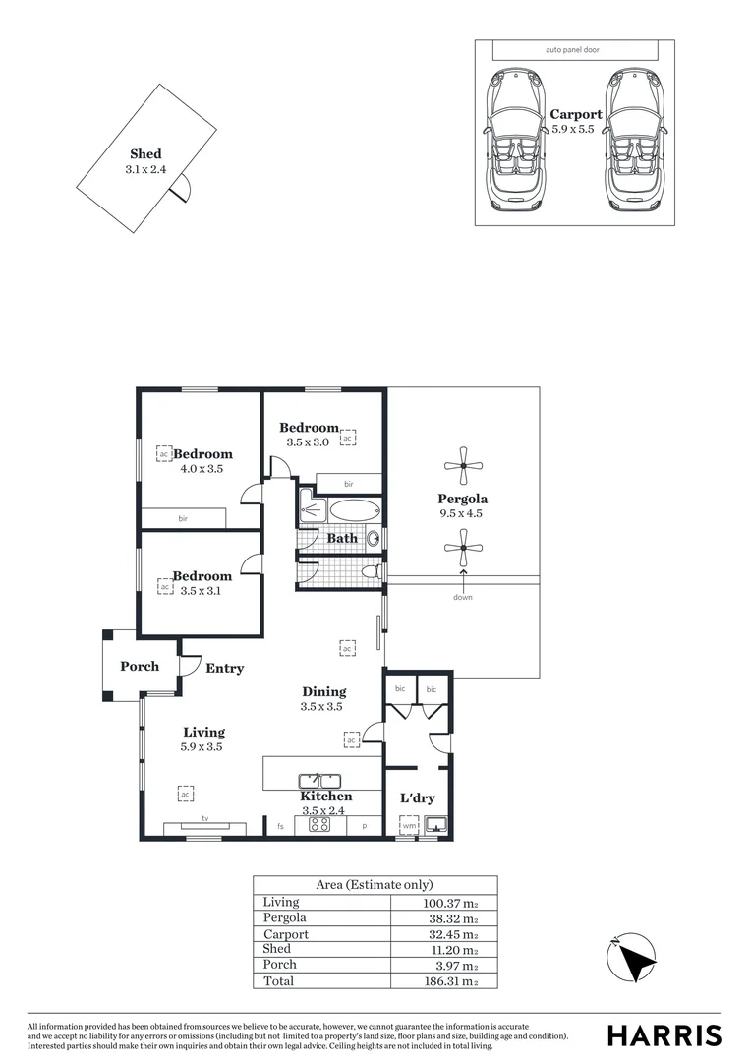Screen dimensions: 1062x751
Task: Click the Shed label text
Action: pyautogui.click(x=145, y=154)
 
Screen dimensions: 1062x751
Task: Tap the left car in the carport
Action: pyautogui.click(x=515, y=138)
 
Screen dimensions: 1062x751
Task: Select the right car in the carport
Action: pyautogui.click(x=634, y=138)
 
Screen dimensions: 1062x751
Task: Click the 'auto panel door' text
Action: pyautogui.click(x=571, y=49)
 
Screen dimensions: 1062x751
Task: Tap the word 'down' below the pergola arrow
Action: pyautogui.click(x=463, y=597)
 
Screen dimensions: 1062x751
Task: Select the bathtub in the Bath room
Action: pyautogui.click(x=353, y=510)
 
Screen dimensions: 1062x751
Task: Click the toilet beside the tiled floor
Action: pyautogui.click(x=371, y=570)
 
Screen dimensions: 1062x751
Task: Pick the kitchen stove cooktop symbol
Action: pyautogui.click(x=319, y=825)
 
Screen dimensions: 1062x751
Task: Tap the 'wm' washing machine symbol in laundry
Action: pyautogui.click(x=409, y=826)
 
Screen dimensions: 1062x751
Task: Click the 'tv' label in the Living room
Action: pyautogui.click(x=205, y=818)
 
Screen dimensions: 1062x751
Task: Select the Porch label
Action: pyautogui.click(x=140, y=666)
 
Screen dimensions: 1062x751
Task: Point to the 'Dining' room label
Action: pyautogui.click(x=322, y=691)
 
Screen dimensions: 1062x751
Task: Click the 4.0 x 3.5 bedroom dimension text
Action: pyautogui.click(x=202, y=469)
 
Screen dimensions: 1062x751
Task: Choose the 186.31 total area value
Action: pyautogui.click(x=453, y=981)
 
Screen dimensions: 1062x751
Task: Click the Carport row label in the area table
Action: pyautogui.click(x=285, y=934)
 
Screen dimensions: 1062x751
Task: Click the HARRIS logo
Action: pyautogui.click(x=664, y=1034)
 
